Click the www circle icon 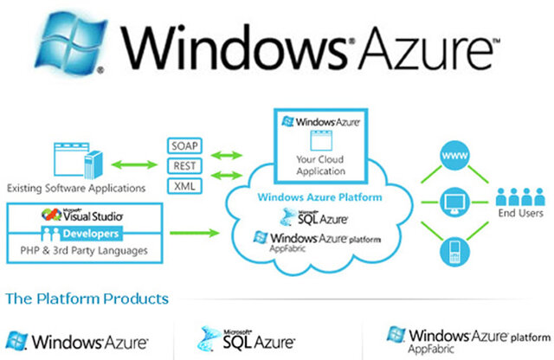click(x=453, y=159)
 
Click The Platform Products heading click(x=87, y=299)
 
